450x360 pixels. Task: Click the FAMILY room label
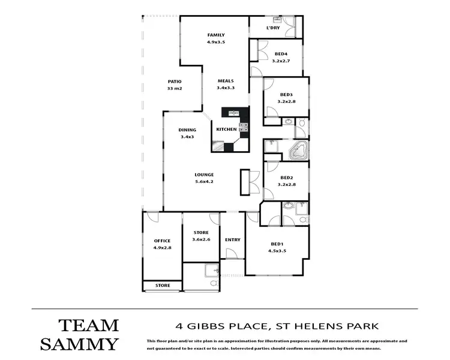click(x=215, y=35)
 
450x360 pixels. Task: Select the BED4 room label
click(x=281, y=53)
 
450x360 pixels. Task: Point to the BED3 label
click(x=286, y=95)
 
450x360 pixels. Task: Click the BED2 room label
click(x=286, y=178)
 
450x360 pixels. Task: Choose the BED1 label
click(x=277, y=244)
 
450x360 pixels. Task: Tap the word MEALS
click(x=225, y=81)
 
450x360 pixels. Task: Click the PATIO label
click(x=175, y=82)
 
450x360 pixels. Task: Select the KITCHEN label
click(x=226, y=130)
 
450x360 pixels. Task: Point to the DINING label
click(x=187, y=130)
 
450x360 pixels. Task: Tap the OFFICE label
click(x=162, y=241)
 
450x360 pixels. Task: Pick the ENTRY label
click(x=233, y=240)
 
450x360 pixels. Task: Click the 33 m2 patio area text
click(x=175, y=89)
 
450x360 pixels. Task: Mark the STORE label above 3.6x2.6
click(x=201, y=233)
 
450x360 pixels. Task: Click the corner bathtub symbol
click(x=298, y=151)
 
